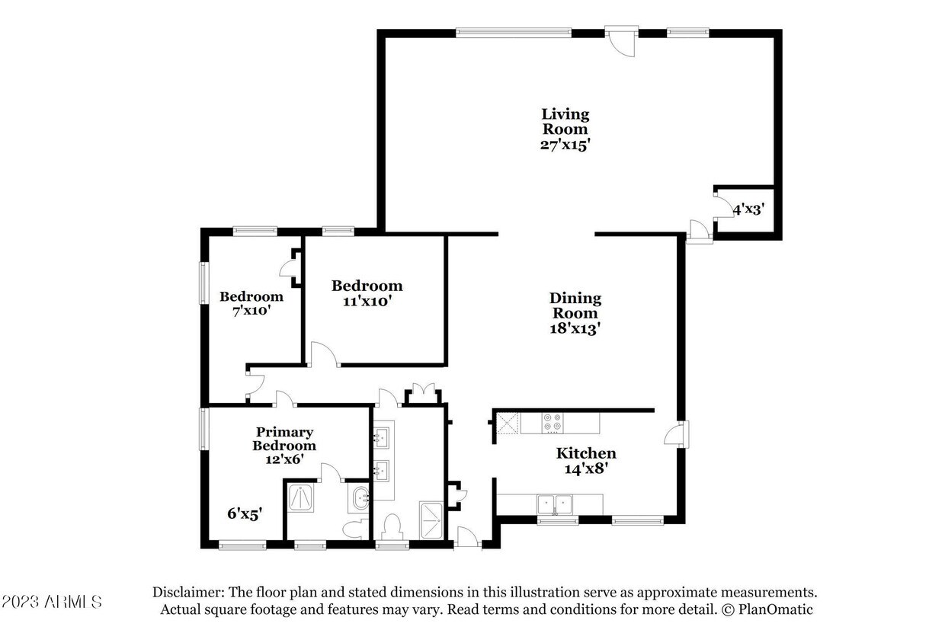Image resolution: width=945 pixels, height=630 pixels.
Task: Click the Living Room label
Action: click(565, 121)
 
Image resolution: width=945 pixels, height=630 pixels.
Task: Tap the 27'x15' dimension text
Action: click(565, 145)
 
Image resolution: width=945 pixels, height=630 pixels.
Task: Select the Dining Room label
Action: click(575, 305)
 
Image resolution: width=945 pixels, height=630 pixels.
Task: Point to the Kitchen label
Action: click(586, 453)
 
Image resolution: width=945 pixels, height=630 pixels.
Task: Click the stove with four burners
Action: click(553, 423)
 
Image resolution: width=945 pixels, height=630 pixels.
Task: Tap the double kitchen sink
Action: click(554, 504)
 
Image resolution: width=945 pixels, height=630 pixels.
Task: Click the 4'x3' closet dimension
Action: click(749, 209)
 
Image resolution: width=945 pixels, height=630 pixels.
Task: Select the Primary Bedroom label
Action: click(284, 439)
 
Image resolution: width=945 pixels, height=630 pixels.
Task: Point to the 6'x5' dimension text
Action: click(245, 513)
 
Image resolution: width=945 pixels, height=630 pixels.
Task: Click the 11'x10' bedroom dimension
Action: click(367, 302)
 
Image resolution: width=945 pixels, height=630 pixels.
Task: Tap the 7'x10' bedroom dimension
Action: click(251, 311)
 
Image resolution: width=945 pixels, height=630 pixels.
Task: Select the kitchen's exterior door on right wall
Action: click(677, 434)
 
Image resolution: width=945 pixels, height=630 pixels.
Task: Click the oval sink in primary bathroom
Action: click(360, 498)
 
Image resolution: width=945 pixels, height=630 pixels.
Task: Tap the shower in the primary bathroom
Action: click(300, 498)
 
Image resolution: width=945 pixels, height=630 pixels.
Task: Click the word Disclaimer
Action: click(187, 593)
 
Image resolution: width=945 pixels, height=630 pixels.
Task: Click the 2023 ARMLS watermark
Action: click(52, 602)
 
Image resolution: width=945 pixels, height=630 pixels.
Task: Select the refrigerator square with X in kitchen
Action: click(507, 424)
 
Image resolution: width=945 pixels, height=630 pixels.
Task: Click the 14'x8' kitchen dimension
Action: click(586, 469)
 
